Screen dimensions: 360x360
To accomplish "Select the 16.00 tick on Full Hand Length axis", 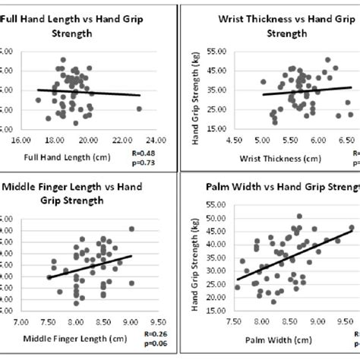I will pos(21,140).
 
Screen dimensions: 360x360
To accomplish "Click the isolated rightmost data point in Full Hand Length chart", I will pos(139,109).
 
